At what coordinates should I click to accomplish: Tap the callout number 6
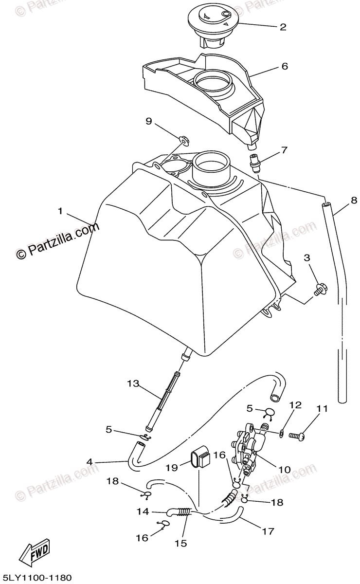click(x=285, y=66)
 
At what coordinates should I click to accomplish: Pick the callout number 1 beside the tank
click(x=60, y=211)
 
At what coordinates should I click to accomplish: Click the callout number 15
click(x=183, y=543)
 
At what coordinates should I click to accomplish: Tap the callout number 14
click(x=143, y=511)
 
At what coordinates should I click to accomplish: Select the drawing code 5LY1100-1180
click(x=37, y=577)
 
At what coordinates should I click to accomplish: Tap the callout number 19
click(x=171, y=468)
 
